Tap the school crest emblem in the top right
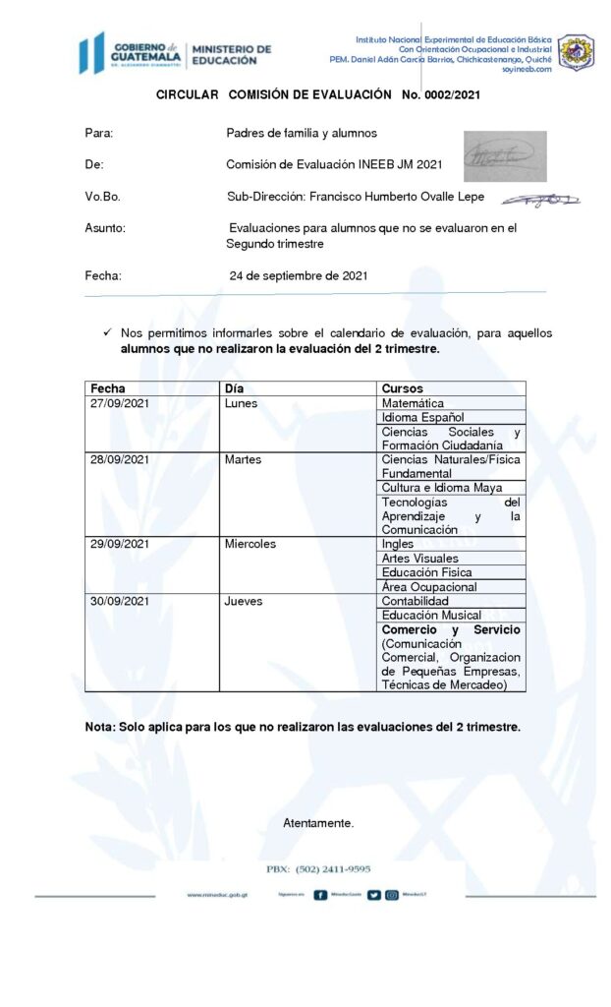click(576, 53)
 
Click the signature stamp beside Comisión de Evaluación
click(504, 156)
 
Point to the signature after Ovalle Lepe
click(539, 200)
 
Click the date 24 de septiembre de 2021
click(299, 276)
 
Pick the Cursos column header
click(402, 388)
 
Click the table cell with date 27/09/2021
click(118, 403)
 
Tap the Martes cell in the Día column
click(243, 459)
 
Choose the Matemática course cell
click(413, 403)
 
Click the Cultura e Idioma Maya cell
click(441, 488)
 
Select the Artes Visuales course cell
click(419, 558)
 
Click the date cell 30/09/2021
click(118, 601)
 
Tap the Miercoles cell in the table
click(250, 544)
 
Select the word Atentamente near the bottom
click(318, 822)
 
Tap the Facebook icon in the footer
click(320, 895)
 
